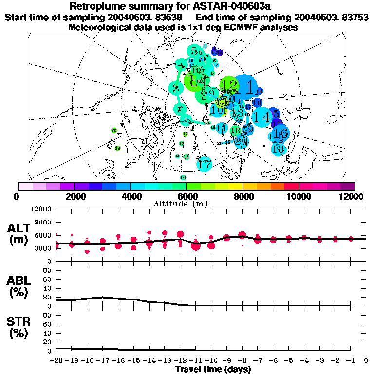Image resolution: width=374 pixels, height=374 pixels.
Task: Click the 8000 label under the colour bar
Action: [x=243, y=196]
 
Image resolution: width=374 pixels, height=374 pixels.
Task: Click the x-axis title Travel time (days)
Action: [x=213, y=370]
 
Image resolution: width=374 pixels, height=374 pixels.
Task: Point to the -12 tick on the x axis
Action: [x=180, y=360]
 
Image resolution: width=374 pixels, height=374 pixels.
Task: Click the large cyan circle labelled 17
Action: [x=205, y=165]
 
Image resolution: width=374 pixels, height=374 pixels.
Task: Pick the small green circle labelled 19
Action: [x=117, y=148]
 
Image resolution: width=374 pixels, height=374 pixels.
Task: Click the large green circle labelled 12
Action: [x=229, y=87]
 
